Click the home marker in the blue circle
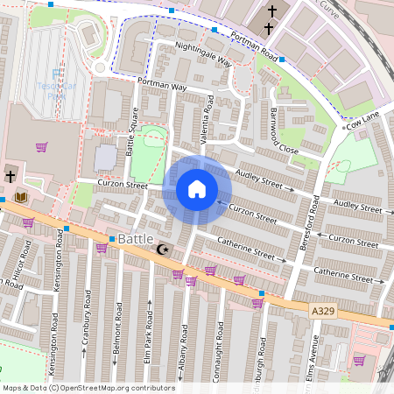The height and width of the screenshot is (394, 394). (197, 188)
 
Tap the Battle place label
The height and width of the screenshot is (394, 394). (136, 239)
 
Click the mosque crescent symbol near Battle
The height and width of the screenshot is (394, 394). (161, 250)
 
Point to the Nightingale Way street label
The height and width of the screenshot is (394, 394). (203, 53)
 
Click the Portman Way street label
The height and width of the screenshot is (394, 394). (162, 84)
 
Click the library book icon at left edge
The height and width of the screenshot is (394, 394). (21, 197)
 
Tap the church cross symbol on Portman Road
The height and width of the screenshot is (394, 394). (271, 12)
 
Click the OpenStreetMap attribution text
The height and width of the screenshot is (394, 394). (88, 388)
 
